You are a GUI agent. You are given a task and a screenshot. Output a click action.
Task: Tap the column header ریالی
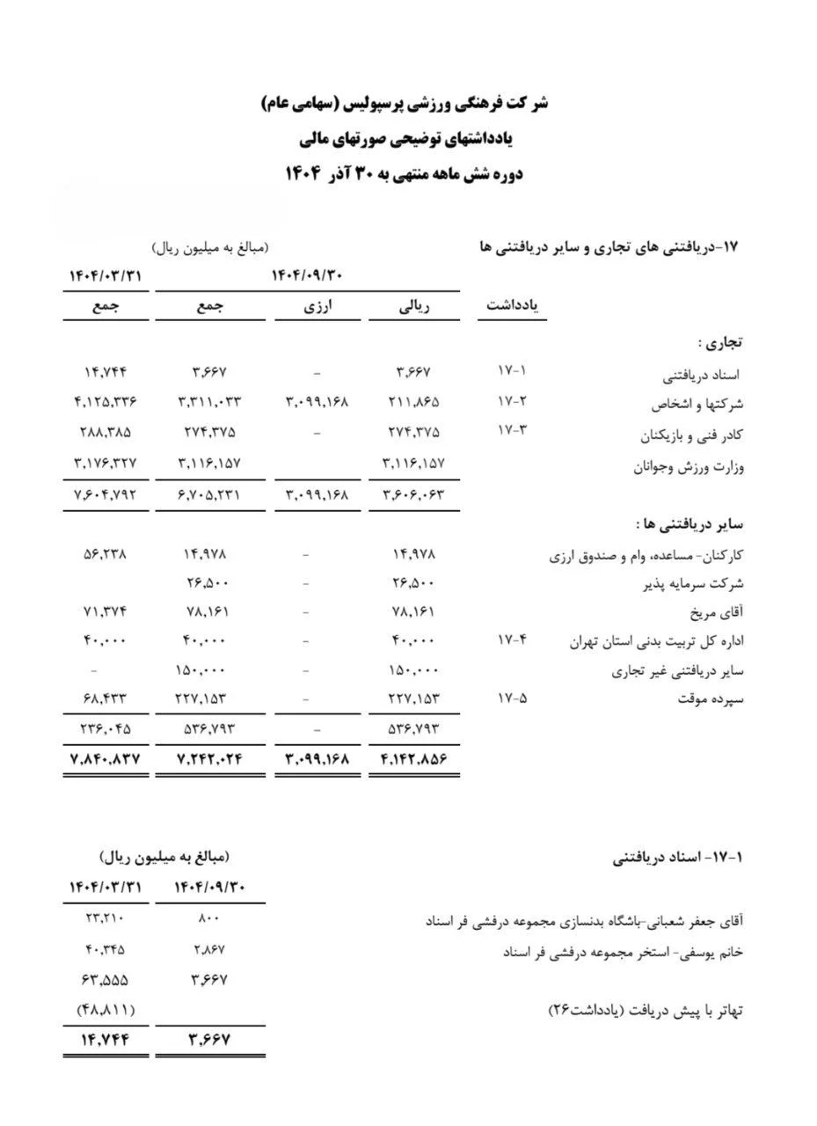[x=414, y=306]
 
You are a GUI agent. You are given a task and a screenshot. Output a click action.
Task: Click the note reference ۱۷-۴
[x=512, y=640]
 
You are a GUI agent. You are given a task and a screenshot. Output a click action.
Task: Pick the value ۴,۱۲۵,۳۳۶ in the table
[x=106, y=403]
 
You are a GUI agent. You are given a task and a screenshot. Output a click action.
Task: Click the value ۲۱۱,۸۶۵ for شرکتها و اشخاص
[x=413, y=403]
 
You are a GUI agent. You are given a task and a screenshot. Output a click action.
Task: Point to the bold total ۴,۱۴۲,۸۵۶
[x=413, y=758]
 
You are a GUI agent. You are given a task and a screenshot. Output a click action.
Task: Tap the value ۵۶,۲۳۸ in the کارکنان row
[x=106, y=554]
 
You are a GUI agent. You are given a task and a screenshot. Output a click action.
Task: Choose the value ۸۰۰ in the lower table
[x=209, y=919]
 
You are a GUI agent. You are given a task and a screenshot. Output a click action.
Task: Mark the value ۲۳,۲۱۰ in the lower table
[x=105, y=919]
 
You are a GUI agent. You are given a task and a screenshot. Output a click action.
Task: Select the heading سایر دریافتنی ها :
[x=690, y=524]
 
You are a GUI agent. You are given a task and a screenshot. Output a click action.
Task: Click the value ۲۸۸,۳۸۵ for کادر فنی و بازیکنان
[x=106, y=433]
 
